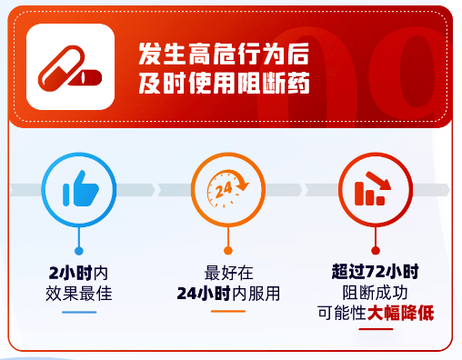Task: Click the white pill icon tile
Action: pyautogui.click(x=70, y=68)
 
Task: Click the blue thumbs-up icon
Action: pyautogui.click(x=79, y=190)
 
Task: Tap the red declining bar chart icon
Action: pyautogui.click(x=374, y=190)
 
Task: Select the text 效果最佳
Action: pyautogui.click(x=78, y=293)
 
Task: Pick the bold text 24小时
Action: pyautogui.click(x=206, y=293)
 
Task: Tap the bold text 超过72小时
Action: pyautogui.click(x=375, y=271)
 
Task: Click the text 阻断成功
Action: pyautogui.click(x=375, y=293)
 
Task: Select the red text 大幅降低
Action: pyautogui.click(x=401, y=315)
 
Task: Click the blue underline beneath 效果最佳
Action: pyautogui.click(x=78, y=312)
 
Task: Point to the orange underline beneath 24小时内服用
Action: pyautogui.click(x=227, y=312)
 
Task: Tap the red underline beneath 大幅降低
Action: pyautogui.click(x=375, y=330)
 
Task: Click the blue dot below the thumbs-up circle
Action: pyautogui.click(x=79, y=250)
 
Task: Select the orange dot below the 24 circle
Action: pyautogui.click(x=227, y=250)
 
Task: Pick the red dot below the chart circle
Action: pyautogui.click(x=374, y=250)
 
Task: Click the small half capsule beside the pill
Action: pyautogui.click(x=88, y=79)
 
